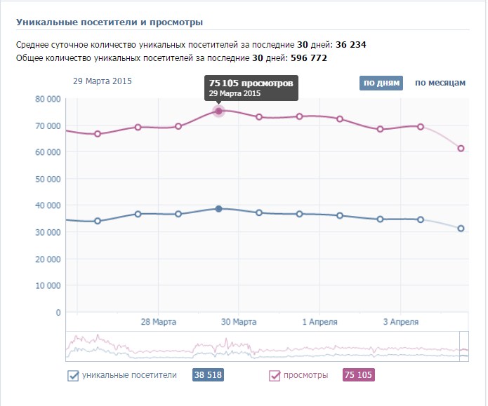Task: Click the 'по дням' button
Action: tap(381, 83)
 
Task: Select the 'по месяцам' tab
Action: tap(440, 83)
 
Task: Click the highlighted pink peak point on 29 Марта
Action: tap(218, 111)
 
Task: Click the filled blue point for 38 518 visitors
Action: tap(218, 209)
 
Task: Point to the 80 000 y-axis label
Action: tap(48, 99)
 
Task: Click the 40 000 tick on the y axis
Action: tap(48, 205)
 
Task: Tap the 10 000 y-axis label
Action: tap(48, 286)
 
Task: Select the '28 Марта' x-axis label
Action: tap(158, 323)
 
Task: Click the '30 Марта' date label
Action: tap(239, 323)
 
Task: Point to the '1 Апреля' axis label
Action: tap(319, 323)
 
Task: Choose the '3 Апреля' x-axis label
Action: tap(401, 323)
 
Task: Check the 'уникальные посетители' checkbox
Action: tap(73, 376)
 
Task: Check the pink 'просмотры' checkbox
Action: tap(275, 376)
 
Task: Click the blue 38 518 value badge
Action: tap(207, 376)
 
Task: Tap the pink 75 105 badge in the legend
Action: tap(358, 376)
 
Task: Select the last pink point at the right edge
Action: tap(461, 148)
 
